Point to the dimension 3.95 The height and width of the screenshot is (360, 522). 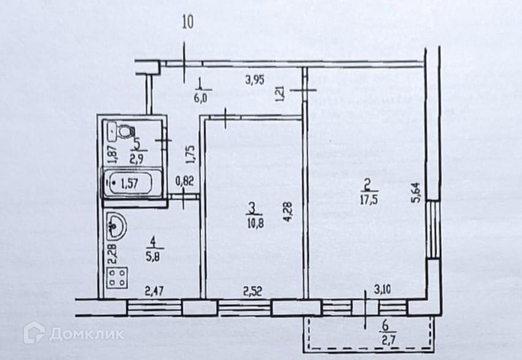255,79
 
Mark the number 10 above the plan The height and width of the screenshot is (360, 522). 187,24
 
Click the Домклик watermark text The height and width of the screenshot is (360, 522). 85,334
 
